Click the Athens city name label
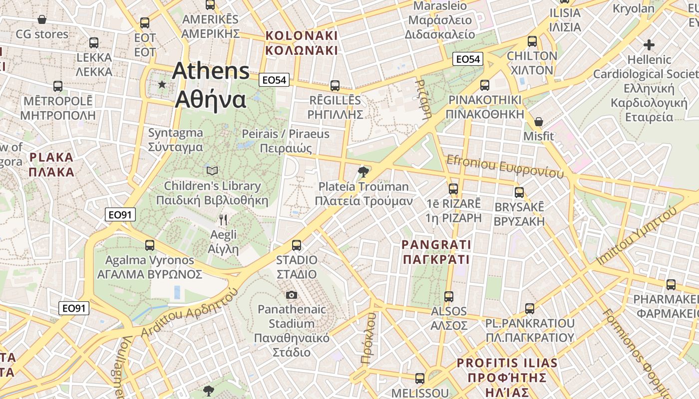tap(210, 85)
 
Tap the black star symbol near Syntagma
tap(162, 85)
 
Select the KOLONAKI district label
tap(302, 43)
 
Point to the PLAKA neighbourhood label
tap(51, 165)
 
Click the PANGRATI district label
tap(436, 252)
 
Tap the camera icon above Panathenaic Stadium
tap(292, 295)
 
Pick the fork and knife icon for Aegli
tap(223, 219)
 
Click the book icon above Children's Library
tap(212, 171)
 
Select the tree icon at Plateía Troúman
tap(363, 173)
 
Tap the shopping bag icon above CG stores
tap(42, 19)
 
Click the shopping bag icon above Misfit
tap(539, 121)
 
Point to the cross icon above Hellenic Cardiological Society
tap(649, 45)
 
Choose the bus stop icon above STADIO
tap(297, 245)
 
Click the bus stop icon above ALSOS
tap(449, 297)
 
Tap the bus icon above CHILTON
tap(532, 41)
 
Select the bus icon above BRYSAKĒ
tap(519, 193)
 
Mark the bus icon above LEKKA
tap(94, 43)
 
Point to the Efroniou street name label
tap(505, 166)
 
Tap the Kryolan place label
tap(633, 8)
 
